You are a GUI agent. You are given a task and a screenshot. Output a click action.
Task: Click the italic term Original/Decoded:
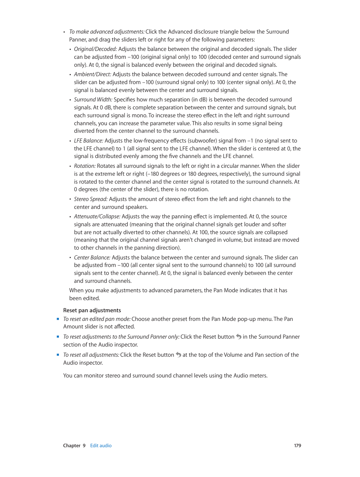95,49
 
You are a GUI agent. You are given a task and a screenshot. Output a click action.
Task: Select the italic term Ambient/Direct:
92,74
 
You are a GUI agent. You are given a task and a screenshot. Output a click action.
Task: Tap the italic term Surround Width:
93,100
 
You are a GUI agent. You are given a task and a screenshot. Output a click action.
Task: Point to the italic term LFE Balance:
88,141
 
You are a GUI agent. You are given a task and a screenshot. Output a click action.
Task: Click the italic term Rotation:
85,166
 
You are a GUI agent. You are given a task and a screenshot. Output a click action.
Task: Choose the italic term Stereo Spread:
91,199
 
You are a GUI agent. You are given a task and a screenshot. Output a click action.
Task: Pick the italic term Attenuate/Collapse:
97,216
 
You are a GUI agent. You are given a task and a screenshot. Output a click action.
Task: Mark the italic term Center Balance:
92,258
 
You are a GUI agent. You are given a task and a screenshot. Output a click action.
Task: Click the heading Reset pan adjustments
92,310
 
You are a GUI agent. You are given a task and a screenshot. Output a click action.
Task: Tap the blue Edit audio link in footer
101,446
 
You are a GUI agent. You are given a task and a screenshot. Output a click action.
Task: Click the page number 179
297,446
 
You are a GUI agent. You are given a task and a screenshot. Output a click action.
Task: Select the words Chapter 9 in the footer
74,446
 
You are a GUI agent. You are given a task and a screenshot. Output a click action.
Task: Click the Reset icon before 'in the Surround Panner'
238,337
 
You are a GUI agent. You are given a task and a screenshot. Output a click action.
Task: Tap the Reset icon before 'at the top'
178,355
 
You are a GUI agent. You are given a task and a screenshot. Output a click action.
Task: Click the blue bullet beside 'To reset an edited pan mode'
58,319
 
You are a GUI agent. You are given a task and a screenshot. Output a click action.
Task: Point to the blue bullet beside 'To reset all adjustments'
58,355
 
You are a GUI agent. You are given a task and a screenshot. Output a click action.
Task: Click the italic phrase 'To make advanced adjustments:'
107,32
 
